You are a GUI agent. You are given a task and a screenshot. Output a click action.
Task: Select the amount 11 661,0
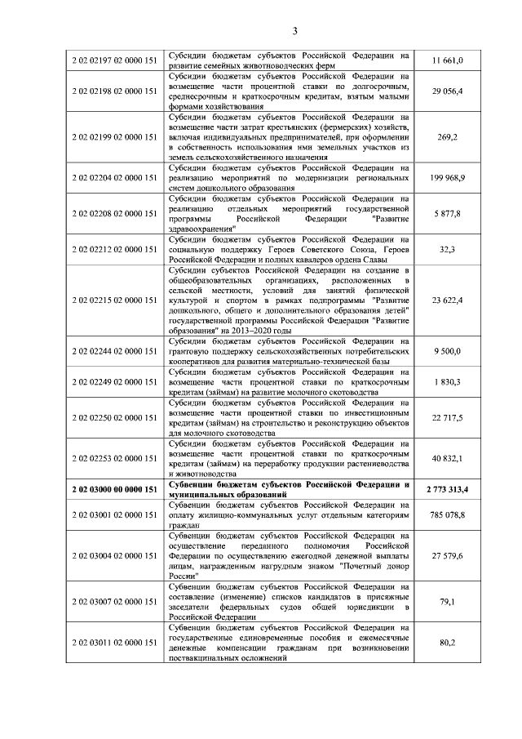click(x=447, y=60)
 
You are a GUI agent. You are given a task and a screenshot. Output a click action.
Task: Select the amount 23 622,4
click(x=447, y=300)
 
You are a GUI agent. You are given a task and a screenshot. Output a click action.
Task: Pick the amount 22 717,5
click(x=447, y=417)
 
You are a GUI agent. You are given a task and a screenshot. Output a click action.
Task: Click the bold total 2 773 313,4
click(x=447, y=489)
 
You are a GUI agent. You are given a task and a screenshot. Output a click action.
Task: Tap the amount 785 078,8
click(x=447, y=515)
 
